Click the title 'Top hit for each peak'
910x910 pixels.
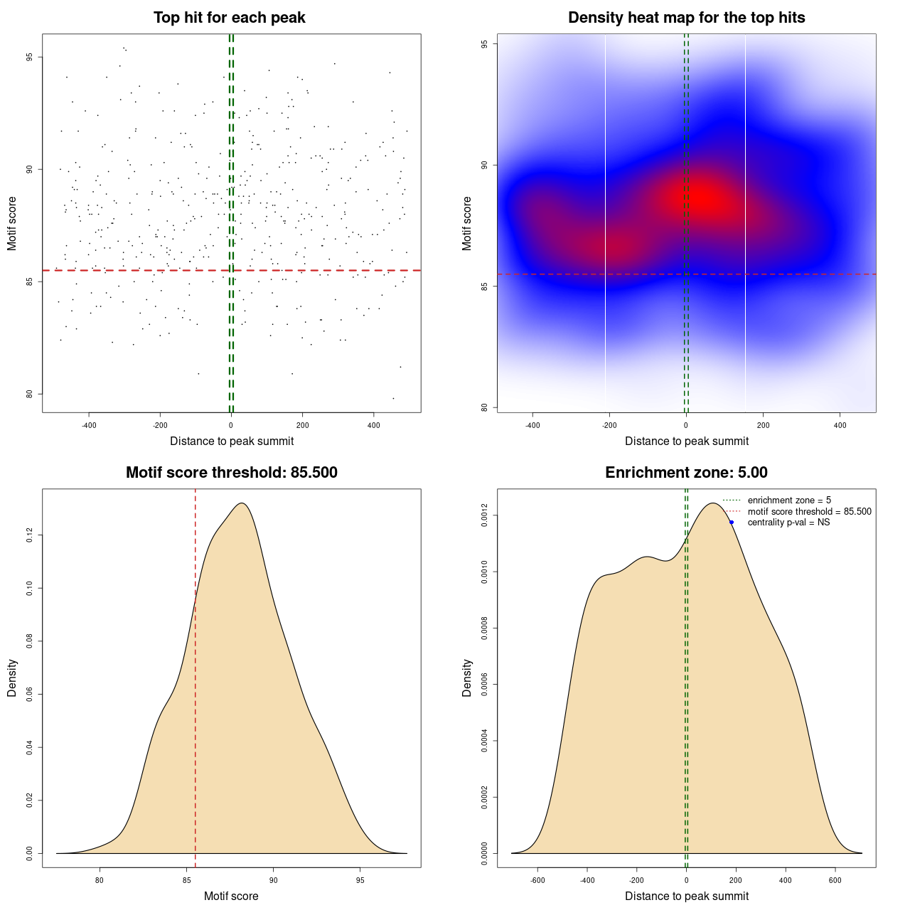(x=230, y=18)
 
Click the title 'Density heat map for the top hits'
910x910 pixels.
(x=686, y=18)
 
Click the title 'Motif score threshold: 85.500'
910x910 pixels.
(x=231, y=473)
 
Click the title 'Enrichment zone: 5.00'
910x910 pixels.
(x=686, y=473)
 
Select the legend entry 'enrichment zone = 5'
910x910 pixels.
(x=789, y=500)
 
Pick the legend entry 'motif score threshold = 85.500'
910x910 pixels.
(x=809, y=512)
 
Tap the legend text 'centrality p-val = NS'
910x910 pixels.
(x=788, y=523)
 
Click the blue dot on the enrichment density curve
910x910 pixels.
(x=732, y=523)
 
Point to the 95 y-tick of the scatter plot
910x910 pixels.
(x=30, y=57)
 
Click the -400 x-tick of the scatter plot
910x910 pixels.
(x=89, y=425)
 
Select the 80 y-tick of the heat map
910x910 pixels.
(x=485, y=407)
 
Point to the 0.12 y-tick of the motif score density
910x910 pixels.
(x=30, y=535)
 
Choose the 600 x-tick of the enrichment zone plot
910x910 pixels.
(x=835, y=880)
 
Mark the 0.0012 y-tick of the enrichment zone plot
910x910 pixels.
(x=485, y=515)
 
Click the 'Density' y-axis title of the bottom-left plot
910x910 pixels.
(x=12, y=678)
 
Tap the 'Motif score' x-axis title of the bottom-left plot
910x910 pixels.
(x=231, y=896)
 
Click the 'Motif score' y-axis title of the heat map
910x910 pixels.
(x=467, y=223)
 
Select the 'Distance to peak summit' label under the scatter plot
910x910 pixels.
(x=232, y=441)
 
